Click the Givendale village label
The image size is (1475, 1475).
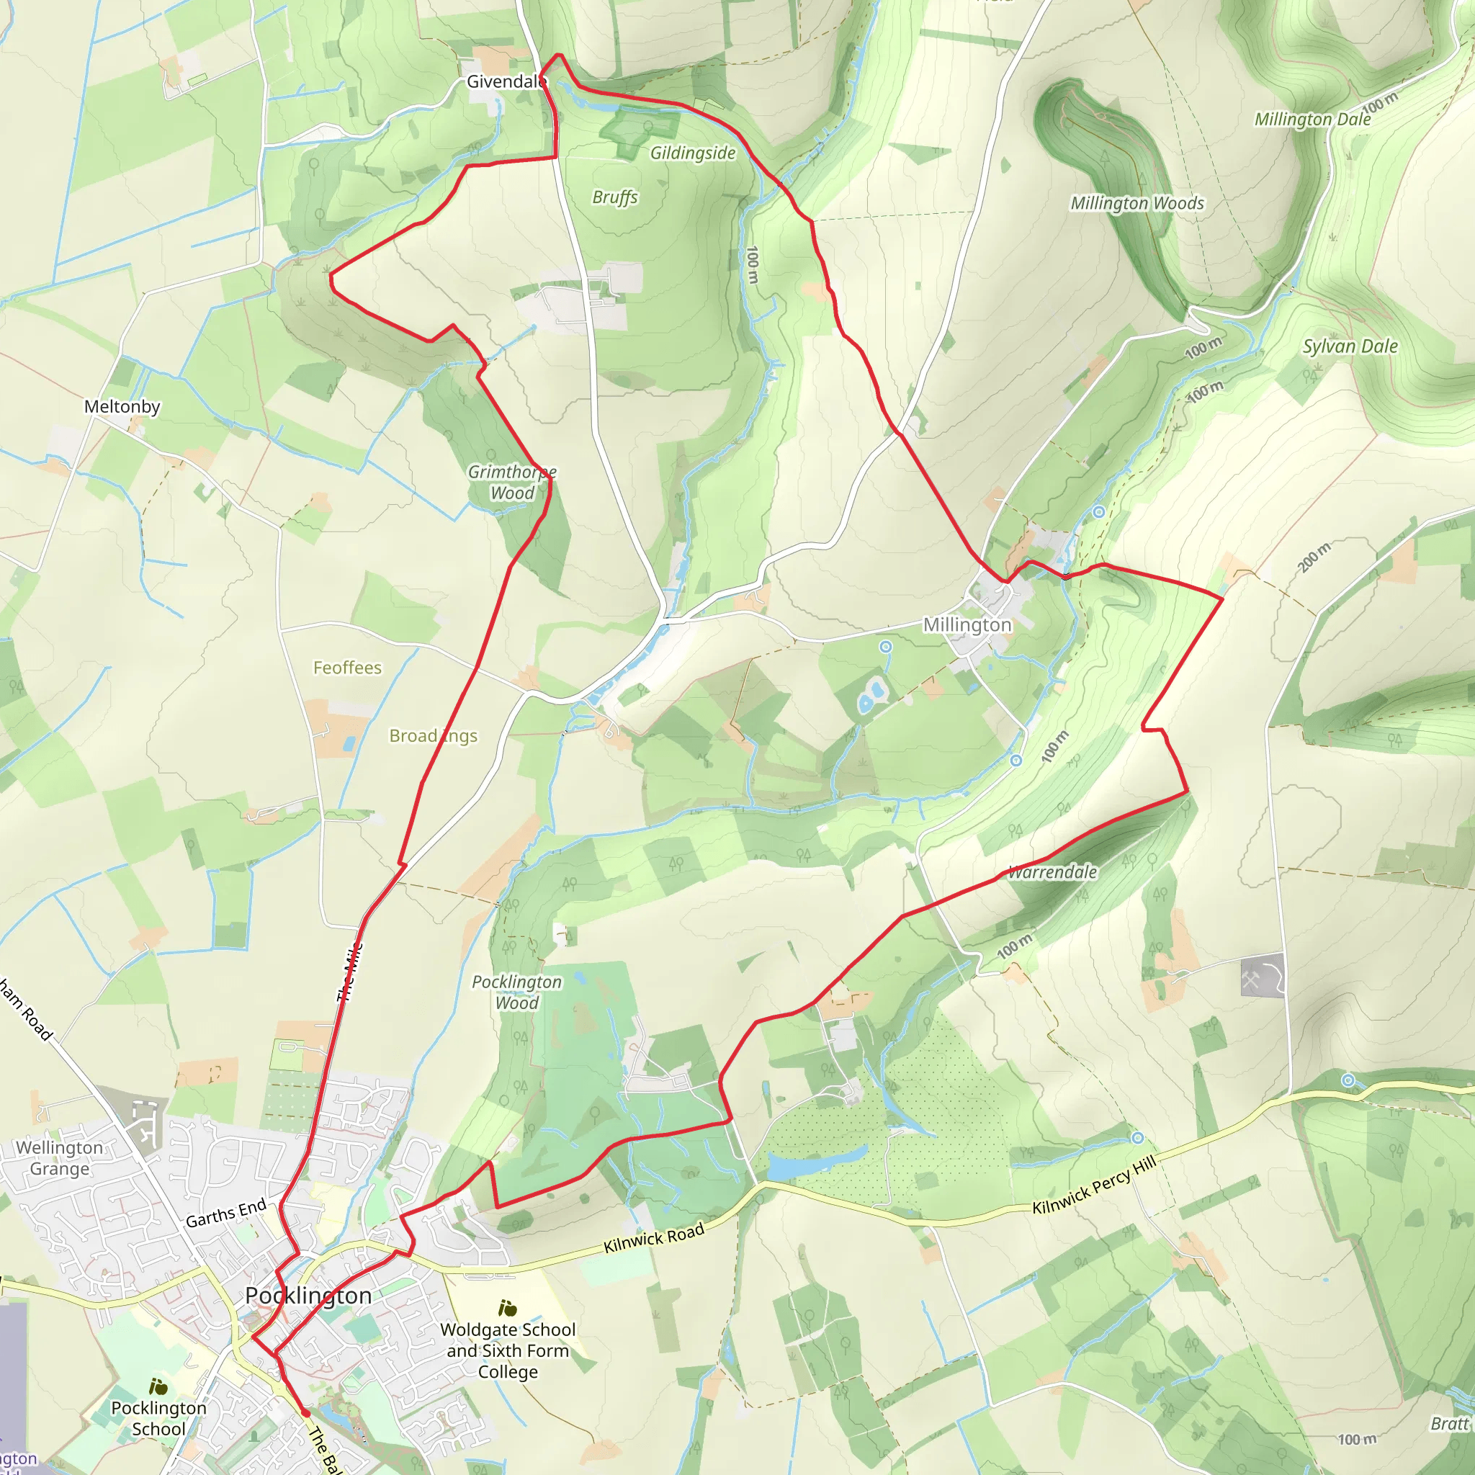506,81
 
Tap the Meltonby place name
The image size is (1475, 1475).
122,406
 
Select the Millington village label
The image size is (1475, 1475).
967,624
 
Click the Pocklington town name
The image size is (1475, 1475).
308,1296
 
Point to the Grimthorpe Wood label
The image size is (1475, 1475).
511,483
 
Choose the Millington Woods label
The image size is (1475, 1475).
1136,203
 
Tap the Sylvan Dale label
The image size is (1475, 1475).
1350,346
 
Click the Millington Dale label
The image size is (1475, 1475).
1312,119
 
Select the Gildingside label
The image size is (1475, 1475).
692,153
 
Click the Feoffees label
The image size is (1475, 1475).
347,668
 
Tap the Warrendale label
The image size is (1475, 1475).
1053,872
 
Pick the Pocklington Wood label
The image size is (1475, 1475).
517,992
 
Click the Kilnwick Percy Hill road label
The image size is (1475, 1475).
1094,1185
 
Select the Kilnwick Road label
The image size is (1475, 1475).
653,1237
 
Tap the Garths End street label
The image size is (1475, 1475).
226,1212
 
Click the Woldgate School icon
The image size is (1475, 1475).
508,1309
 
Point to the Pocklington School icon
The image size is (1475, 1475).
158,1387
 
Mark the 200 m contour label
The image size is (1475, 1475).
1313,557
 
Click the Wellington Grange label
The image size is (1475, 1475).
60,1158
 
